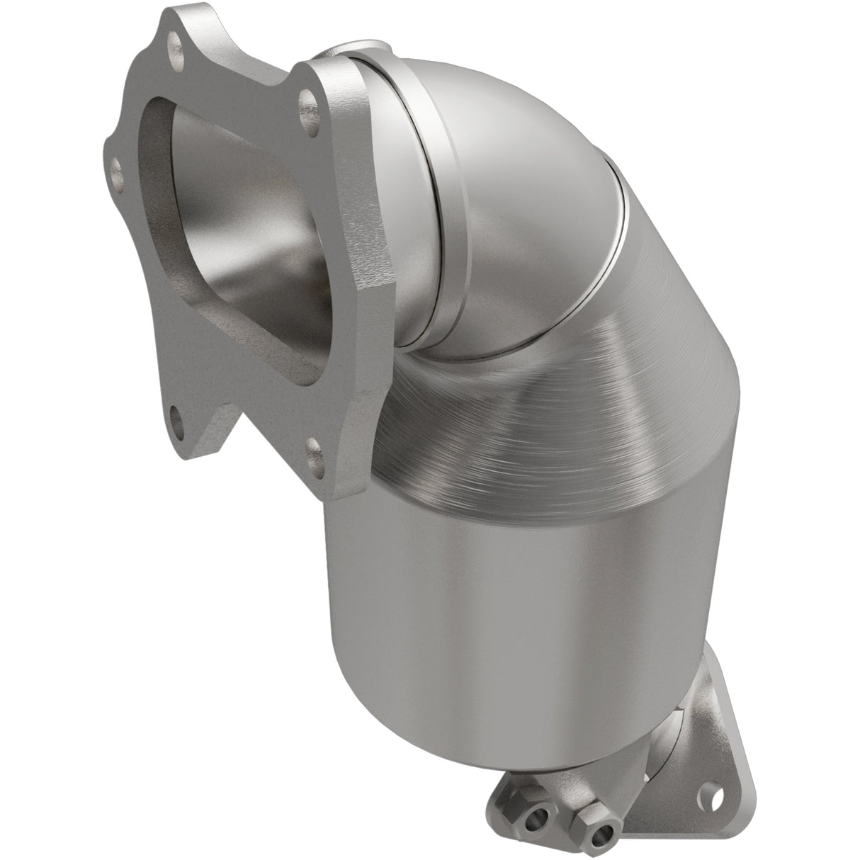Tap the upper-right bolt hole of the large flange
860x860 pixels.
coord(306,113)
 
